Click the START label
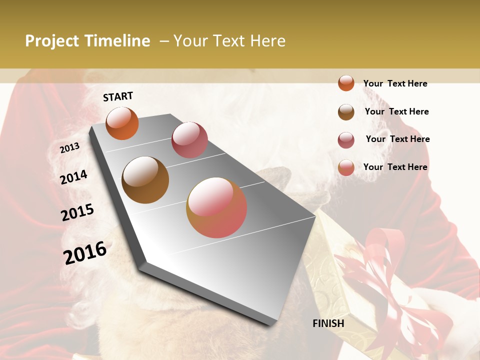(118, 96)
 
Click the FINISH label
(328, 323)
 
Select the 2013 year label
(69, 148)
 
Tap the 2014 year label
(73, 177)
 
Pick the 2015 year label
(77, 212)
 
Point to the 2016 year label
(85, 253)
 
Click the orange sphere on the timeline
(122, 123)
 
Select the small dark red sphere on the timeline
(189, 140)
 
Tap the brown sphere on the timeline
(145, 180)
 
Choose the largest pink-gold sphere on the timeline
(216, 207)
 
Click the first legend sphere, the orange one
(346, 83)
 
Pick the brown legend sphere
(346, 112)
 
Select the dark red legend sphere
(346, 140)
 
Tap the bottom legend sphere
(346, 168)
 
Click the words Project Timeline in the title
(87, 41)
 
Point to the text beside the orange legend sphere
(395, 83)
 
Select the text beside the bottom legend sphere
(395, 167)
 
